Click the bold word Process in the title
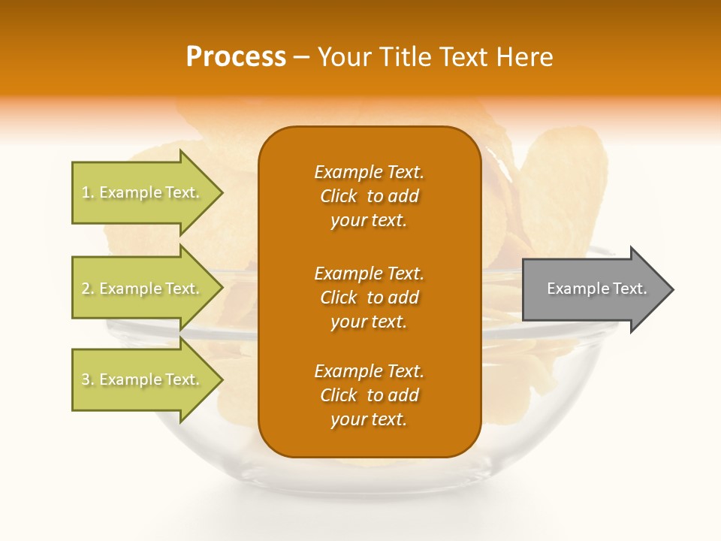236,57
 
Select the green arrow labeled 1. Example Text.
143,192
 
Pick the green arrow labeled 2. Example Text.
143,289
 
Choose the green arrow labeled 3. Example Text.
143,379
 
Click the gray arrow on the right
593,289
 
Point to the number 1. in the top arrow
88,192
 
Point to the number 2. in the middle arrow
88,289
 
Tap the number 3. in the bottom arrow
88,379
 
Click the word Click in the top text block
339,196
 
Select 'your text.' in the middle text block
369,322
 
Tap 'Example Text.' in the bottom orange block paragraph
369,371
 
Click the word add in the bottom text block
403,395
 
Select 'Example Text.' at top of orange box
369,172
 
